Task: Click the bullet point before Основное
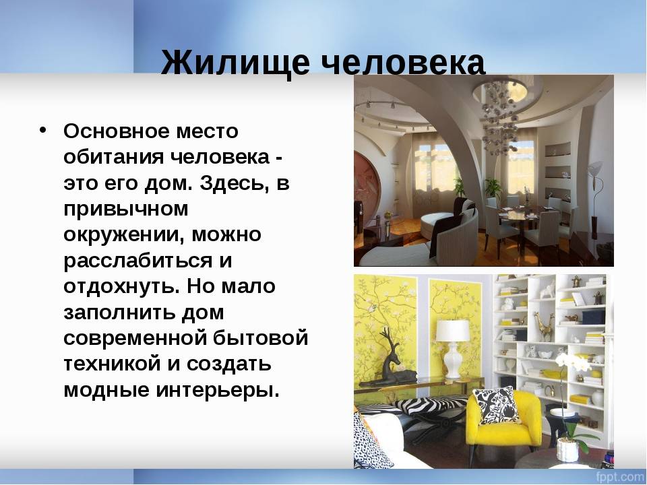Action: click(42, 129)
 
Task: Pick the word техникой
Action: click(113, 364)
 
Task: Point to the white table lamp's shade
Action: click(453, 330)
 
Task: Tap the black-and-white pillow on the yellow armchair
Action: click(496, 406)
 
